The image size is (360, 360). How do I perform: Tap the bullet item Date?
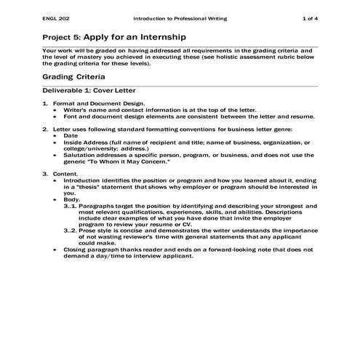[71, 135]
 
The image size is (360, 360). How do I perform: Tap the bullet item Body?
[71, 199]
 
